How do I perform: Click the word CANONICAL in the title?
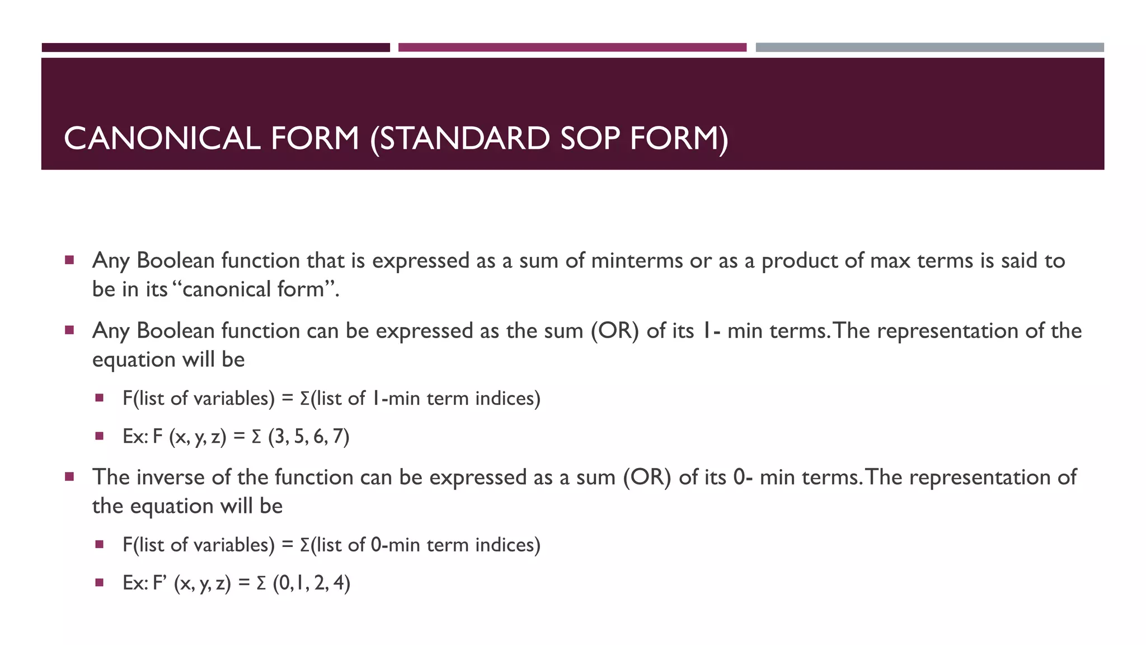tap(162, 138)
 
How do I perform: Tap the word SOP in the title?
tap(589, 138)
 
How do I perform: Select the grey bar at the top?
tap(929, 48)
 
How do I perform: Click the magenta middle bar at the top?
tap(572, 48)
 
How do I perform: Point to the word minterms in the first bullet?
tap(637, 261)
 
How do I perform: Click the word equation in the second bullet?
tap(130, 359)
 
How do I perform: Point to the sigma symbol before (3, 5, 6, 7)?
tap(256, 436)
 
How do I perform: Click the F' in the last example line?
tap(161, 583)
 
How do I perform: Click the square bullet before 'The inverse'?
tap(69, 477)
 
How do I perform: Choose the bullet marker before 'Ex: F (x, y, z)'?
tap(100, 436)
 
